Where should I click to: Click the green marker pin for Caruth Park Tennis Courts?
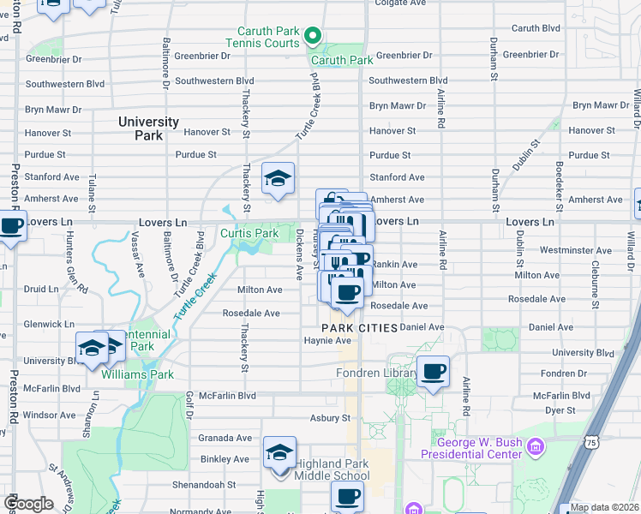tap(313, 37)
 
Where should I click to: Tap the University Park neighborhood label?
tap(149, 128)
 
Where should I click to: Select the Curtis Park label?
tap(249, 233)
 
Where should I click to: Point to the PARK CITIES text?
tap(359, 328)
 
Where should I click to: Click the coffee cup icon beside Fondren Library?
tap(434, 371)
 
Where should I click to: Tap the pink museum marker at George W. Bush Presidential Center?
tap(536, 446)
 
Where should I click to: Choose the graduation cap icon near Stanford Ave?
tap(278, 178)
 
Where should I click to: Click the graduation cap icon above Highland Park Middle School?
tap(279, 452)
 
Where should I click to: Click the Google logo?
tap(30, 504)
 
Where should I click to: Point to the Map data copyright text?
tap(604, 507)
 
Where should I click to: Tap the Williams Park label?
tap(137, 374)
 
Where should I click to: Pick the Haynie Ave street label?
tap(327, 340)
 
